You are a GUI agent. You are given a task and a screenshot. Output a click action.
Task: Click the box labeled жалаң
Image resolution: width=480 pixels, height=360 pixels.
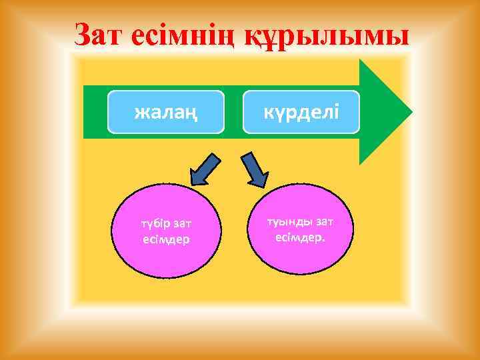[165, 111]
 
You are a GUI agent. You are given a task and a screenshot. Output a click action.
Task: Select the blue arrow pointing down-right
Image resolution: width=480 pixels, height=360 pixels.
[254, 169]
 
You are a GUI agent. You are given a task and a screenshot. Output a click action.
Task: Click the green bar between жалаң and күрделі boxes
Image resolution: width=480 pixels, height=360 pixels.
[233, 111]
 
